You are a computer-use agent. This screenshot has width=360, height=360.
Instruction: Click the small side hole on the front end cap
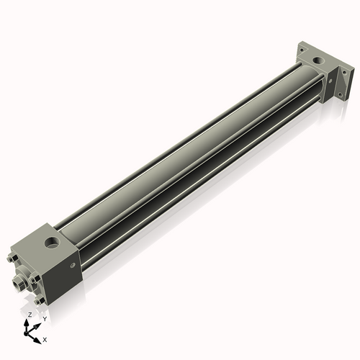73,266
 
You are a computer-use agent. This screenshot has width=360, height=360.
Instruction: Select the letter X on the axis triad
45,338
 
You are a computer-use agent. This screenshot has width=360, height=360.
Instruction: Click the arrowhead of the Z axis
28,322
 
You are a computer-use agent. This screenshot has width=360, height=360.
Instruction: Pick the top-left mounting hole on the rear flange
304,51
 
